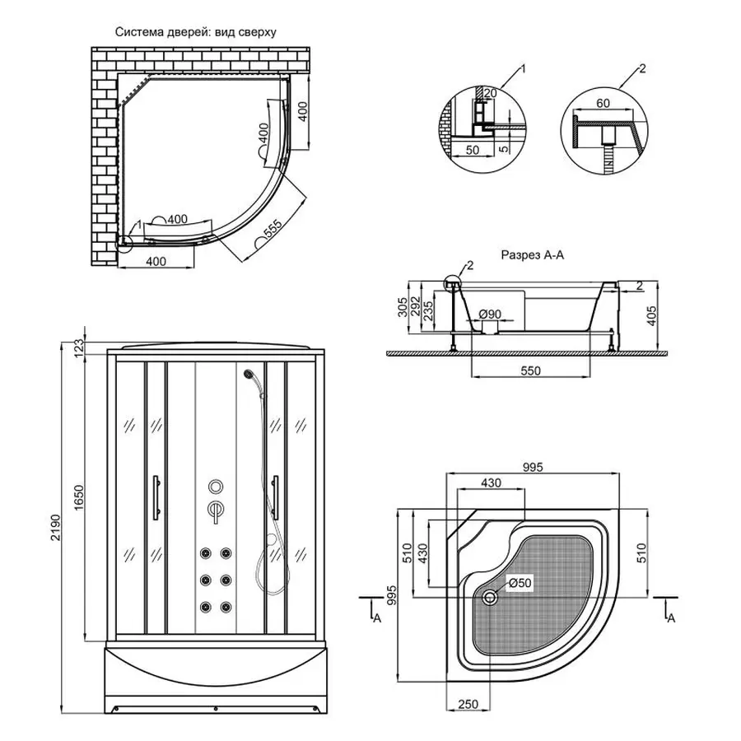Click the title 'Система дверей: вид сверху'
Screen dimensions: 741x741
[195, 33]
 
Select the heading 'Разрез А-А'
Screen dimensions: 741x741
[532, 256]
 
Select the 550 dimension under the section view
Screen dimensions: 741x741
[530, 370]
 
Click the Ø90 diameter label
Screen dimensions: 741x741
[492, 314]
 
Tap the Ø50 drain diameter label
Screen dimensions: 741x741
[520, 583]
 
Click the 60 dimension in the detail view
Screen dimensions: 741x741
[603, 104]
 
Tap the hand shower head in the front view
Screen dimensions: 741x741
[249, 375]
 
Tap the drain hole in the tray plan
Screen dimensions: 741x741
[492, 599]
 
